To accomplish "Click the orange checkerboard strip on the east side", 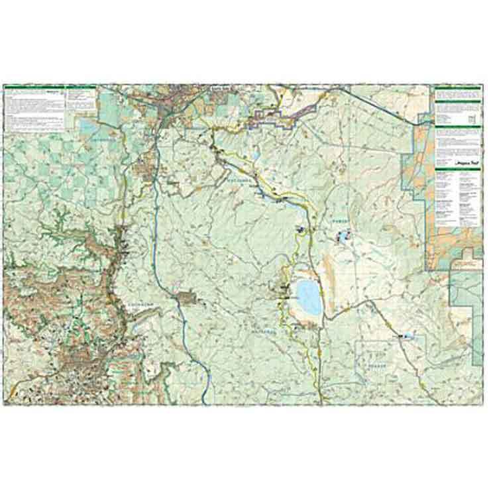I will click(x=419, y=152).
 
